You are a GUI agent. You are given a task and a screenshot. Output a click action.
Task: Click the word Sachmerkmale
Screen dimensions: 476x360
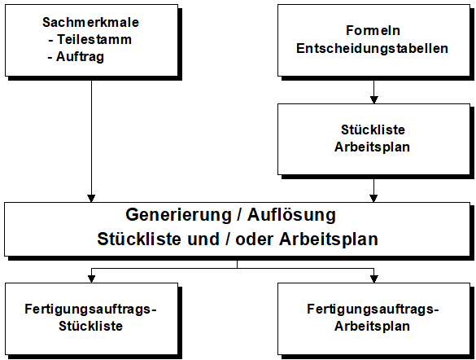pyautogui.click(x=90, y=22)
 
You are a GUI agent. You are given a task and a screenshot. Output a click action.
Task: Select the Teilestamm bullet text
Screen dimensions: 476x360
pyautogui.click(x=94, y=39)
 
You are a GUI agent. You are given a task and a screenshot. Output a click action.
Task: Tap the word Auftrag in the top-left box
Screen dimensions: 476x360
pyautogui.click(x=80, y=57)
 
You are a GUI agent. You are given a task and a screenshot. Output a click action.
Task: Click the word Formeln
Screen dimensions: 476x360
pyautogui.click(x=373, y=30)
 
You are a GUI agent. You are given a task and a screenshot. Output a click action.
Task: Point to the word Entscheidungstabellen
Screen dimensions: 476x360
pyautogui.click(x=372, y=48)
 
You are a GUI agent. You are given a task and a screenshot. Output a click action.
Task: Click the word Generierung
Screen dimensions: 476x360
pyautogui.click(x=178, y=215)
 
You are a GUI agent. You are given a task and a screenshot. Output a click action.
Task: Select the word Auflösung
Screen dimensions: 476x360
pyautogui.click(x=291, y=215)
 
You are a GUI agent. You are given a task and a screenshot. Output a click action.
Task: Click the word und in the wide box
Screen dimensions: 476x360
pyautogui.click(x=203, y=239)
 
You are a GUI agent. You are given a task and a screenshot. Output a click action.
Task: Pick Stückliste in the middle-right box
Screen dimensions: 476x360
pyautogui.click(x=373, y=130)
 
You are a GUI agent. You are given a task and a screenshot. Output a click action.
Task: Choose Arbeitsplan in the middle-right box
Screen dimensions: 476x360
pyautogui.click(x=372, y=147)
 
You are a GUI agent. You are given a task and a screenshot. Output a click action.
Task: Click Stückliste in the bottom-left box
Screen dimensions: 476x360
pyautogui.click(x=91, y=326)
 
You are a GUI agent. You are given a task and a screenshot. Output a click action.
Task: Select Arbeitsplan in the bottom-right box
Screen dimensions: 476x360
pyautogui.click(x=372, y=326)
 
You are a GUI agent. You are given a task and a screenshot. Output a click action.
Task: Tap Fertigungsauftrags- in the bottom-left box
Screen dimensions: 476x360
pyautogui.click(x=90, y=309)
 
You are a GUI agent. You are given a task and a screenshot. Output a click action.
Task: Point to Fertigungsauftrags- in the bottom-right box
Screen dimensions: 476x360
pyautogui.click(x=373, y=309)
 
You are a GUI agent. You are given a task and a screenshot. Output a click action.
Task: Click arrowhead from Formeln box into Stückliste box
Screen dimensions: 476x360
pyautogui.click(x=374, y=99)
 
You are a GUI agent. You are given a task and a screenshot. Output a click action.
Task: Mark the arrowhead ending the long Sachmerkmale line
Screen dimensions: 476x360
pyautogui.click(x=91, y=199)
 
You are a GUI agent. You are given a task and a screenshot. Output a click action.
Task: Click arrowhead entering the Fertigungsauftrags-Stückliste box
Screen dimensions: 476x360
pyautogui.click(x=91, y=279)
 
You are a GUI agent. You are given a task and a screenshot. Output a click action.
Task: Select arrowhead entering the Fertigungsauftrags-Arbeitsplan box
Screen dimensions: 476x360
pyautogui.click(x=374, y=279)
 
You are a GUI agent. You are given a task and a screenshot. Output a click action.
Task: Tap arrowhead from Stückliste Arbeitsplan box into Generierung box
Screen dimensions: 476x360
pyautogui.click(x=374, y=199)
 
